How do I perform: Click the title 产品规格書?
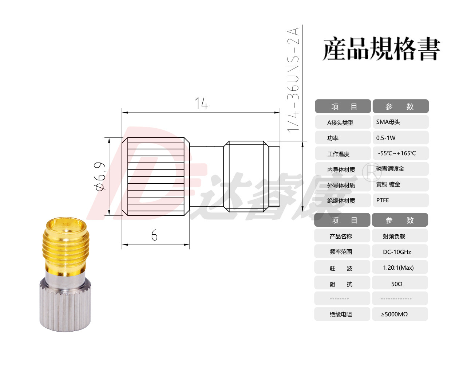click(x=381, y=48)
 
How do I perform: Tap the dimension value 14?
click(x=201, y=103)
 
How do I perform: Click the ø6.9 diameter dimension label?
click(x=99, y=176)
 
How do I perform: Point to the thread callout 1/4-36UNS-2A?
click(x=293, y=80)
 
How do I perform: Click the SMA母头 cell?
click(x=400, y=122)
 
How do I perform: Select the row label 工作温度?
click(x=338, y=154)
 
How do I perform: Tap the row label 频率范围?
click(x=340, y=252)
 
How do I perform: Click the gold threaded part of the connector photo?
click(x=66, y=246)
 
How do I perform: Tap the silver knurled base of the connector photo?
click(x=65, y=304)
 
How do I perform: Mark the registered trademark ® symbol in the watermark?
click(x=372, y=172)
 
